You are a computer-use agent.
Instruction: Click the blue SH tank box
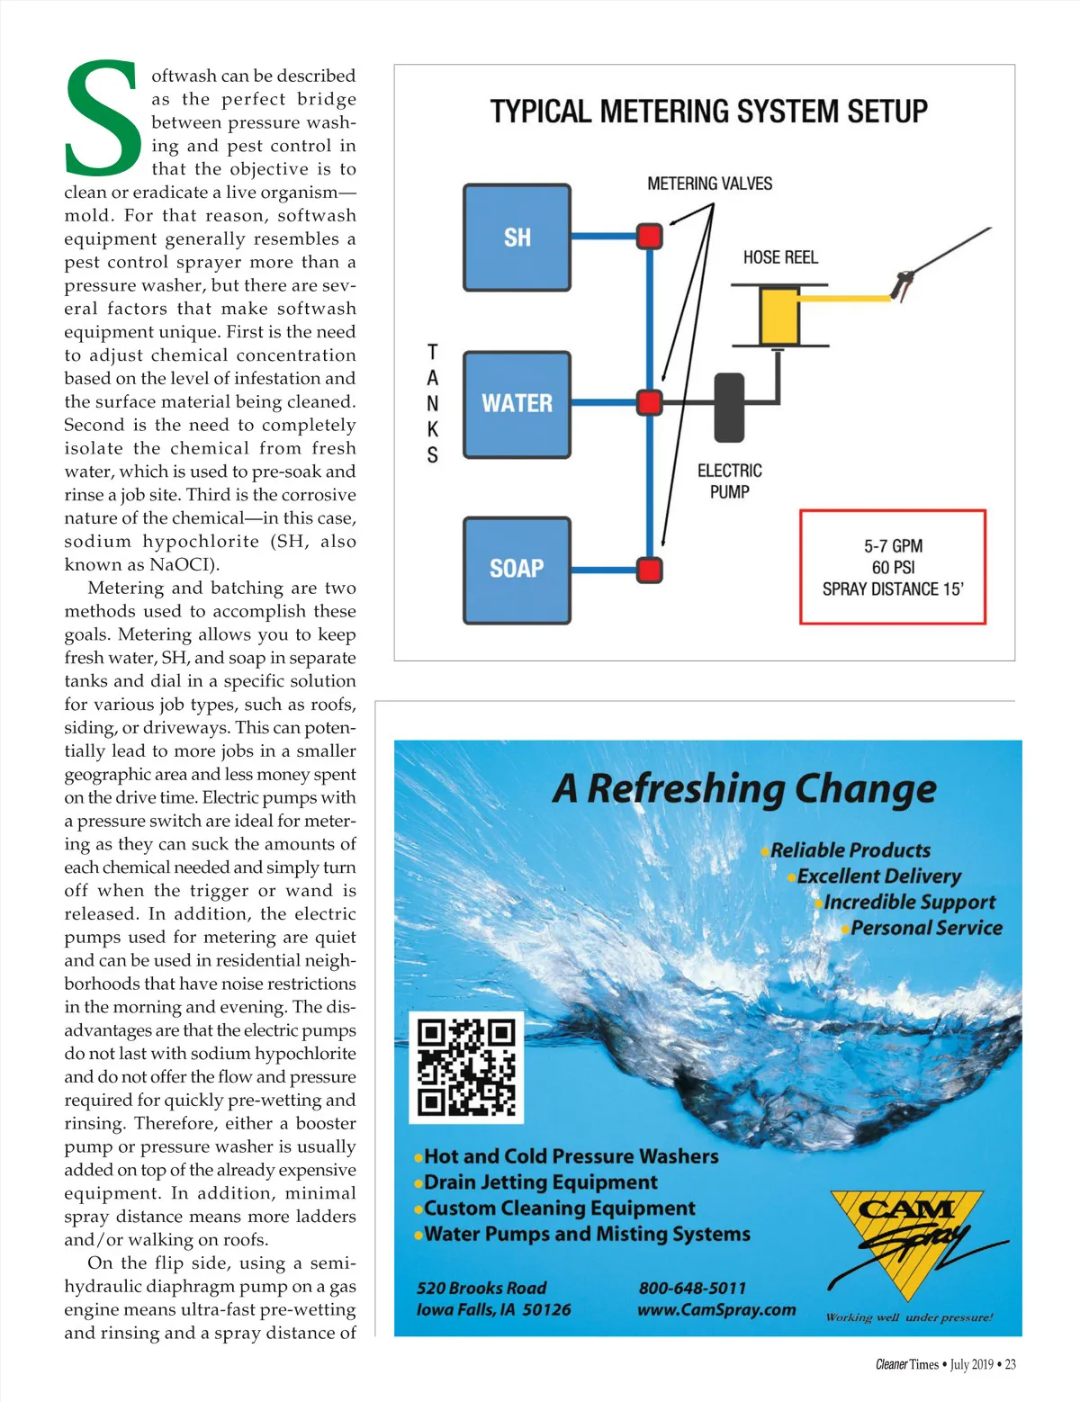coord(517,238)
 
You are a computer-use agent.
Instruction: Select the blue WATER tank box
coord(517,404)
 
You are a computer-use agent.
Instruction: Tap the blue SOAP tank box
coord(517,570)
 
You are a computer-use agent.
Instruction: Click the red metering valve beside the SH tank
coord(650,237)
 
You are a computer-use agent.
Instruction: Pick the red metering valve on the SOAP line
coord(650,570)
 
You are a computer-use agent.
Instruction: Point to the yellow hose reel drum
coord(779,315)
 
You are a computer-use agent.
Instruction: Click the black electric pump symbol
coord(729,408)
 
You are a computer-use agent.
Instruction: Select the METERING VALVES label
coord(709,184)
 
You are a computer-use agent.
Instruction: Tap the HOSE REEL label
coord(780,257)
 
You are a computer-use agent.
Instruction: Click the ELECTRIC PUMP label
coord(729,481)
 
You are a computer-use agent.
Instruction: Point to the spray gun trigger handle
coord(901,285)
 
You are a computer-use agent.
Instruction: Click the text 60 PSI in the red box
coord(893,568)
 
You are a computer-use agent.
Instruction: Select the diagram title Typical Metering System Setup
coord(708,112)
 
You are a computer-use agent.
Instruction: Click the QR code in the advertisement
coord(466,1068)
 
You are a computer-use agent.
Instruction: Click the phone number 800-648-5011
coord(692,1288)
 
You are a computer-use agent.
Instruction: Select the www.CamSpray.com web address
coord(716,1309)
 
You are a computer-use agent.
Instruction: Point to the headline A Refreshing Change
coord(744,789)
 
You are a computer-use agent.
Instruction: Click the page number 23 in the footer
coord(1010,1364)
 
